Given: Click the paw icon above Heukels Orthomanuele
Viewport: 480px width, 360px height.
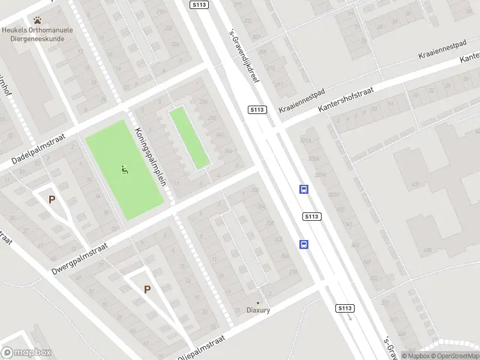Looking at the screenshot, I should tap(38, 20).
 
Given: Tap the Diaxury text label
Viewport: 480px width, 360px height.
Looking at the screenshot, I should tap(259, 310).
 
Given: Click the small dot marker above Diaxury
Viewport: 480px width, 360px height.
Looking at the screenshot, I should tap(259, 302).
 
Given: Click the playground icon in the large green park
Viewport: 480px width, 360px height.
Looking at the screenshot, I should tap(125, 170).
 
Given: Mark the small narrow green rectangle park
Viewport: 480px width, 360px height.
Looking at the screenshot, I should tap(190, 137).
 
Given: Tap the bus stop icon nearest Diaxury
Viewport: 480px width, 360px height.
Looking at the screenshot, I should tap(304, 244).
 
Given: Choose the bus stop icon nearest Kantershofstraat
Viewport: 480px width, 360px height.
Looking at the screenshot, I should tap(304, 190).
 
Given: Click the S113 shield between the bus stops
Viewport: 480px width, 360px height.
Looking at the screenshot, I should tap(312, 217).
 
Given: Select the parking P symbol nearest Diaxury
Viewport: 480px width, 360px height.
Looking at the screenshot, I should tap(147, 289).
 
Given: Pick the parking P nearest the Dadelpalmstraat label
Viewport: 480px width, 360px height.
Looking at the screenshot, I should tap(52, 200).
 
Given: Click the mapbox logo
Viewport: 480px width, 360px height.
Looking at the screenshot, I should tap(26, 353).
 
